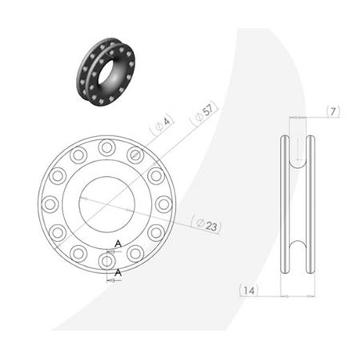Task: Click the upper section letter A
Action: tap(118, 244)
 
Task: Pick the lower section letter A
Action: tap(118, 272)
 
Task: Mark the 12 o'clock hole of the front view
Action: tap(106, 146)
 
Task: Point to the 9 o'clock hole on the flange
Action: tap(50, 204)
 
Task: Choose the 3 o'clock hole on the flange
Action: tap(164, 204)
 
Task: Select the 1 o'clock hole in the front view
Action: tap(135, 154)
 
